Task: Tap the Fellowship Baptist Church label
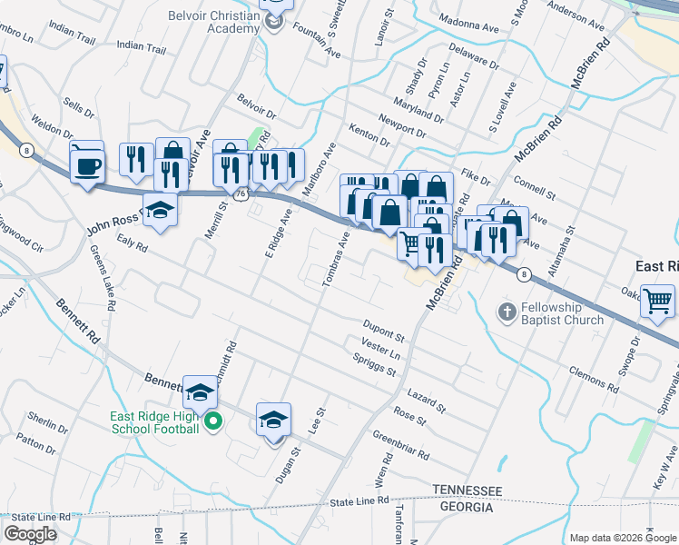(563, 313)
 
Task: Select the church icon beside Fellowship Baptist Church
(507, 312)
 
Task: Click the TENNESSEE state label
(467, 490)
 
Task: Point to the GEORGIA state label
(463, 507)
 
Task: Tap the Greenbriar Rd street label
(400, 445)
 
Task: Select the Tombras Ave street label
(334, 260)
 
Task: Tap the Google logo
(30, 534)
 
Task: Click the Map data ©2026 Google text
(622, 537)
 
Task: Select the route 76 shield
(241, 194)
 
